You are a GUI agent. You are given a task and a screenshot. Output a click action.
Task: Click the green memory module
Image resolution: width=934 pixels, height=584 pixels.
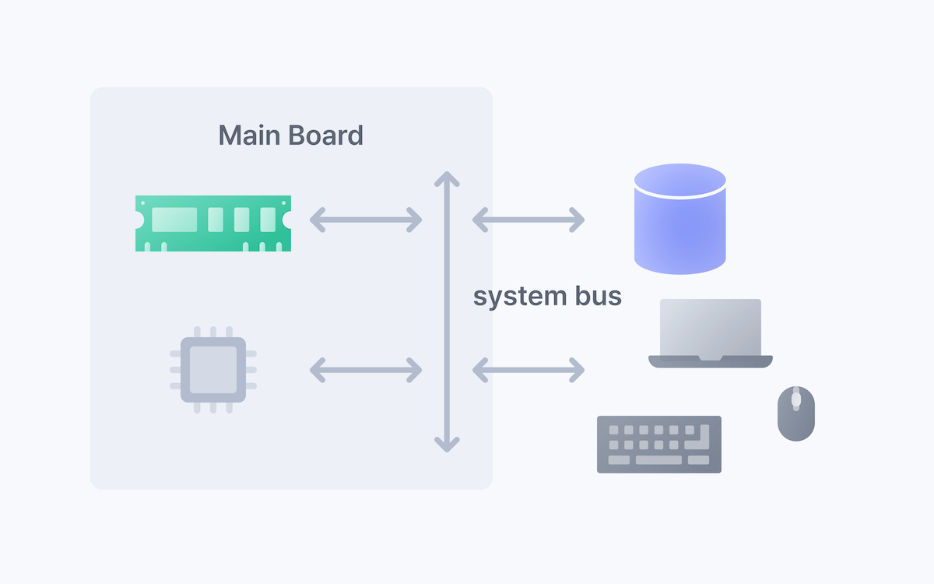[x=213, y=223]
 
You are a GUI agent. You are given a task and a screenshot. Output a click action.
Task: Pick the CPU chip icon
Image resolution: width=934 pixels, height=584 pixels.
[x=213, y=369]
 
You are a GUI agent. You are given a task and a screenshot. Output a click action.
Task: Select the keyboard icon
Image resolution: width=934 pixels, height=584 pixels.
[x=658, y=444]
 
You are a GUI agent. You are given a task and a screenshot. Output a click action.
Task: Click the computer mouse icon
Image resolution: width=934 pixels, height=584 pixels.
[x=795, y=413]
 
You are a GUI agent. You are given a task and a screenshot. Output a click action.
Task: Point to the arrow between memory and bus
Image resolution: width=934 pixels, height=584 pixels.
[x=366, y=220]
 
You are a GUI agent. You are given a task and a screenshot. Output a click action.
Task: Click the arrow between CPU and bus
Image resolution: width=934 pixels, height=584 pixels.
[x=366, y=370]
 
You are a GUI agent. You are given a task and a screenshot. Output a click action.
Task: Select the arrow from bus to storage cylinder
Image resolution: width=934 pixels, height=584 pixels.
[x=528, y=220]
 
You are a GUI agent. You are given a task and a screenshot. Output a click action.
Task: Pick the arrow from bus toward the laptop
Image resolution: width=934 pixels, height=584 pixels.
[x=528, y=370]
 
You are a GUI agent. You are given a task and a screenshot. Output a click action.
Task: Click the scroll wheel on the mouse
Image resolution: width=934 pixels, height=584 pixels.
[x=795, y=400]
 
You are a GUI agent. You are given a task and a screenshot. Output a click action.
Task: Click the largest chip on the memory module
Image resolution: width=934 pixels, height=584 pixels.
[x=174, y=220]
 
